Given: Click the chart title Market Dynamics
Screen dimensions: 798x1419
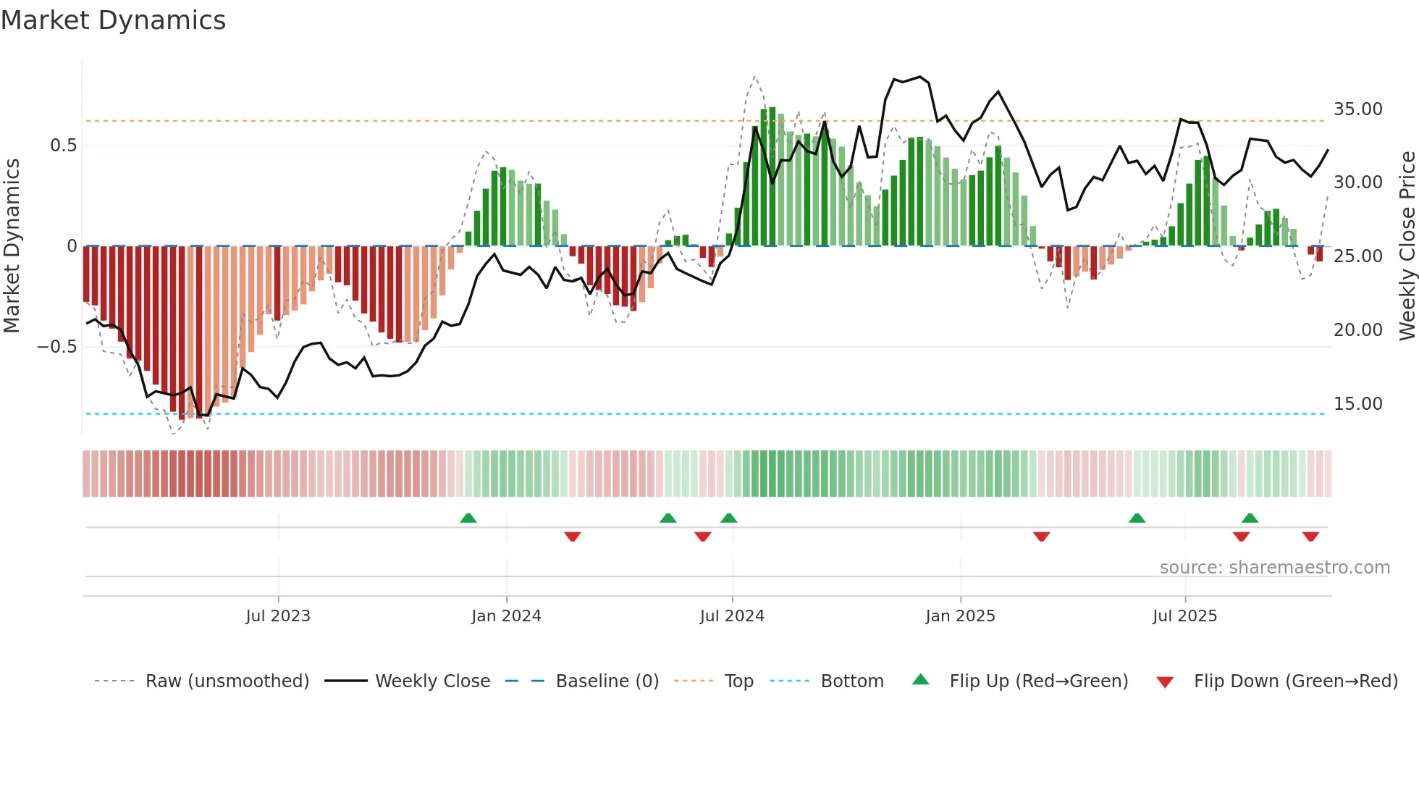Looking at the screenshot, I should coord(114,20).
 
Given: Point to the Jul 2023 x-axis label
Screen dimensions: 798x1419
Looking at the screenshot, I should coord(278,616).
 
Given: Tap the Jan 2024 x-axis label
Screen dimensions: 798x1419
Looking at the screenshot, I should coord(506,616).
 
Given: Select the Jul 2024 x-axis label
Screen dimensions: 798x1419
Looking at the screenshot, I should coord(732,616).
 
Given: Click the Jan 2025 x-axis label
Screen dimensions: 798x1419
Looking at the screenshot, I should coord(960,616).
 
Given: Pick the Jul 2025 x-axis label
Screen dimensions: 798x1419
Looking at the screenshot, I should coord(1184,616).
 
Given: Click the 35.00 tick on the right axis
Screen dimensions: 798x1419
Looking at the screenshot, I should coord(1357,109).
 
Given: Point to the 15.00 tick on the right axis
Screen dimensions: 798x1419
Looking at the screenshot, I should coord(1357,404).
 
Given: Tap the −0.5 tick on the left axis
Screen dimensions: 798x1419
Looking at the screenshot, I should coord(56,347).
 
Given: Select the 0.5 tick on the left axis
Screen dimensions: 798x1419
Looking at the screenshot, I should coord(63,146).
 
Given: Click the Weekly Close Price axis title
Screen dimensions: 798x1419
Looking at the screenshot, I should coord(1407,246).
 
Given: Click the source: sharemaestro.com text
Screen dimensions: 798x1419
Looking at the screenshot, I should coord(1274,568).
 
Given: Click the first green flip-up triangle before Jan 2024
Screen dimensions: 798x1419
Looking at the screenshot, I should coord(468,518).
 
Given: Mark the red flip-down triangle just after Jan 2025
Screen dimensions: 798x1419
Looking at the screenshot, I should coord(1042,537).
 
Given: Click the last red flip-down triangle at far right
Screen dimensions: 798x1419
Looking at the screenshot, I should coord(1310,537).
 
